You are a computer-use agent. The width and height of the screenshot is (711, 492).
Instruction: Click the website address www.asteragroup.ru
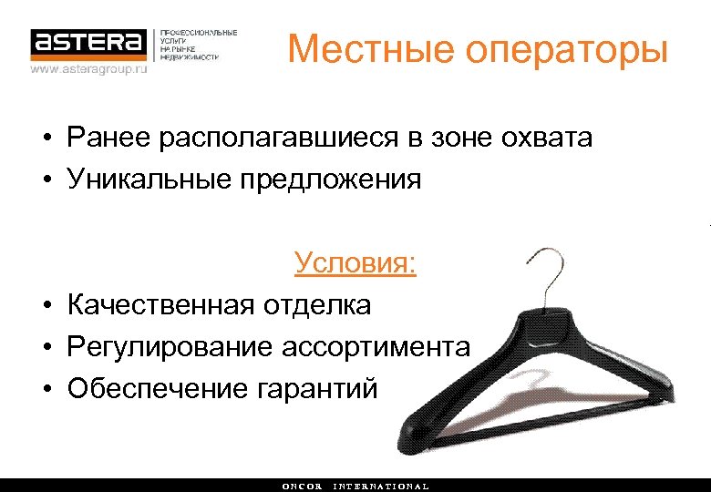tap(88, 68)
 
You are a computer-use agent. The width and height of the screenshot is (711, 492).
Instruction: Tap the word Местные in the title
tap(369, 49)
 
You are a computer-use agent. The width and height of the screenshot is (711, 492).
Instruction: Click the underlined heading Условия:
tap(355, 264)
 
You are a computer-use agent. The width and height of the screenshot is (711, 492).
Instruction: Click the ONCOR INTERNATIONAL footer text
tap(355, 486)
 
